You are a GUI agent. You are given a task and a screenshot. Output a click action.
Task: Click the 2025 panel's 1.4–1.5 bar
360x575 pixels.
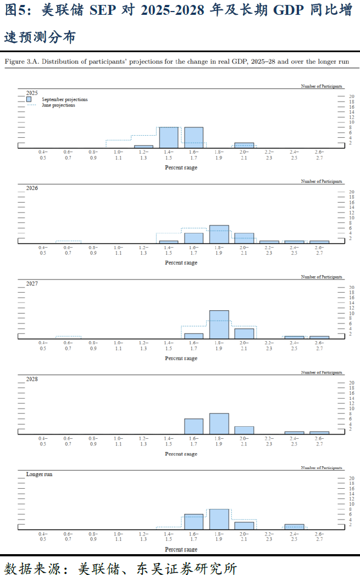pyautogui.click(x=169, y=138)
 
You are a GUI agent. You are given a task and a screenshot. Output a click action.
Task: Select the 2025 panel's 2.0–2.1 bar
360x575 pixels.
pyautogui.click(x=244, y=146)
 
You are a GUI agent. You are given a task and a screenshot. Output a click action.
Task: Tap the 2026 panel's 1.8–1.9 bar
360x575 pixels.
pyautogui.click(x=219, y=235)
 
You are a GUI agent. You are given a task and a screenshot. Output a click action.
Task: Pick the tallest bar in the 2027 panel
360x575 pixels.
pyautogui.click(x=219, y=325)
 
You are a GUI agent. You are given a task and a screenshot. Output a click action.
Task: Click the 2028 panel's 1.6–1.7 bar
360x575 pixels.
pyautogui.click(x=193, y=427)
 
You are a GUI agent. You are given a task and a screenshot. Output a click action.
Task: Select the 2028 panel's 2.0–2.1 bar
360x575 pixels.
pyautogui.click(x=244, y=431)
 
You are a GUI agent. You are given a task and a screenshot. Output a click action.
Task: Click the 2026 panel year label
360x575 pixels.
pyautogui.click(x=32, y=188)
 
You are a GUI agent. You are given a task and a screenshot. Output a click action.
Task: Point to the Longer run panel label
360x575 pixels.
pyautogui.click(x=40, y=473)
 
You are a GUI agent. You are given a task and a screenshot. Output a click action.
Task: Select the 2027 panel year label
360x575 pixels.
pyautogui.click(x=32, y=283)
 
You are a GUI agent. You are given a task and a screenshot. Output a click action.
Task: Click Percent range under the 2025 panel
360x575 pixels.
pyautogui.click(x=181, y=168)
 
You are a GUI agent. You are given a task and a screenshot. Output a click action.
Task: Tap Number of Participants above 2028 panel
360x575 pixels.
pyautogui.click(x=322, y=372)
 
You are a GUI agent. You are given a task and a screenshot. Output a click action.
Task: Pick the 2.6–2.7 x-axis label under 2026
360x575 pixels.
pyautogui.click(x=319, y=250)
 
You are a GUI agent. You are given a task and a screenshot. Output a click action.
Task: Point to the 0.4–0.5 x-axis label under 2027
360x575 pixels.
pyautogui.click(x=43, y=345)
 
